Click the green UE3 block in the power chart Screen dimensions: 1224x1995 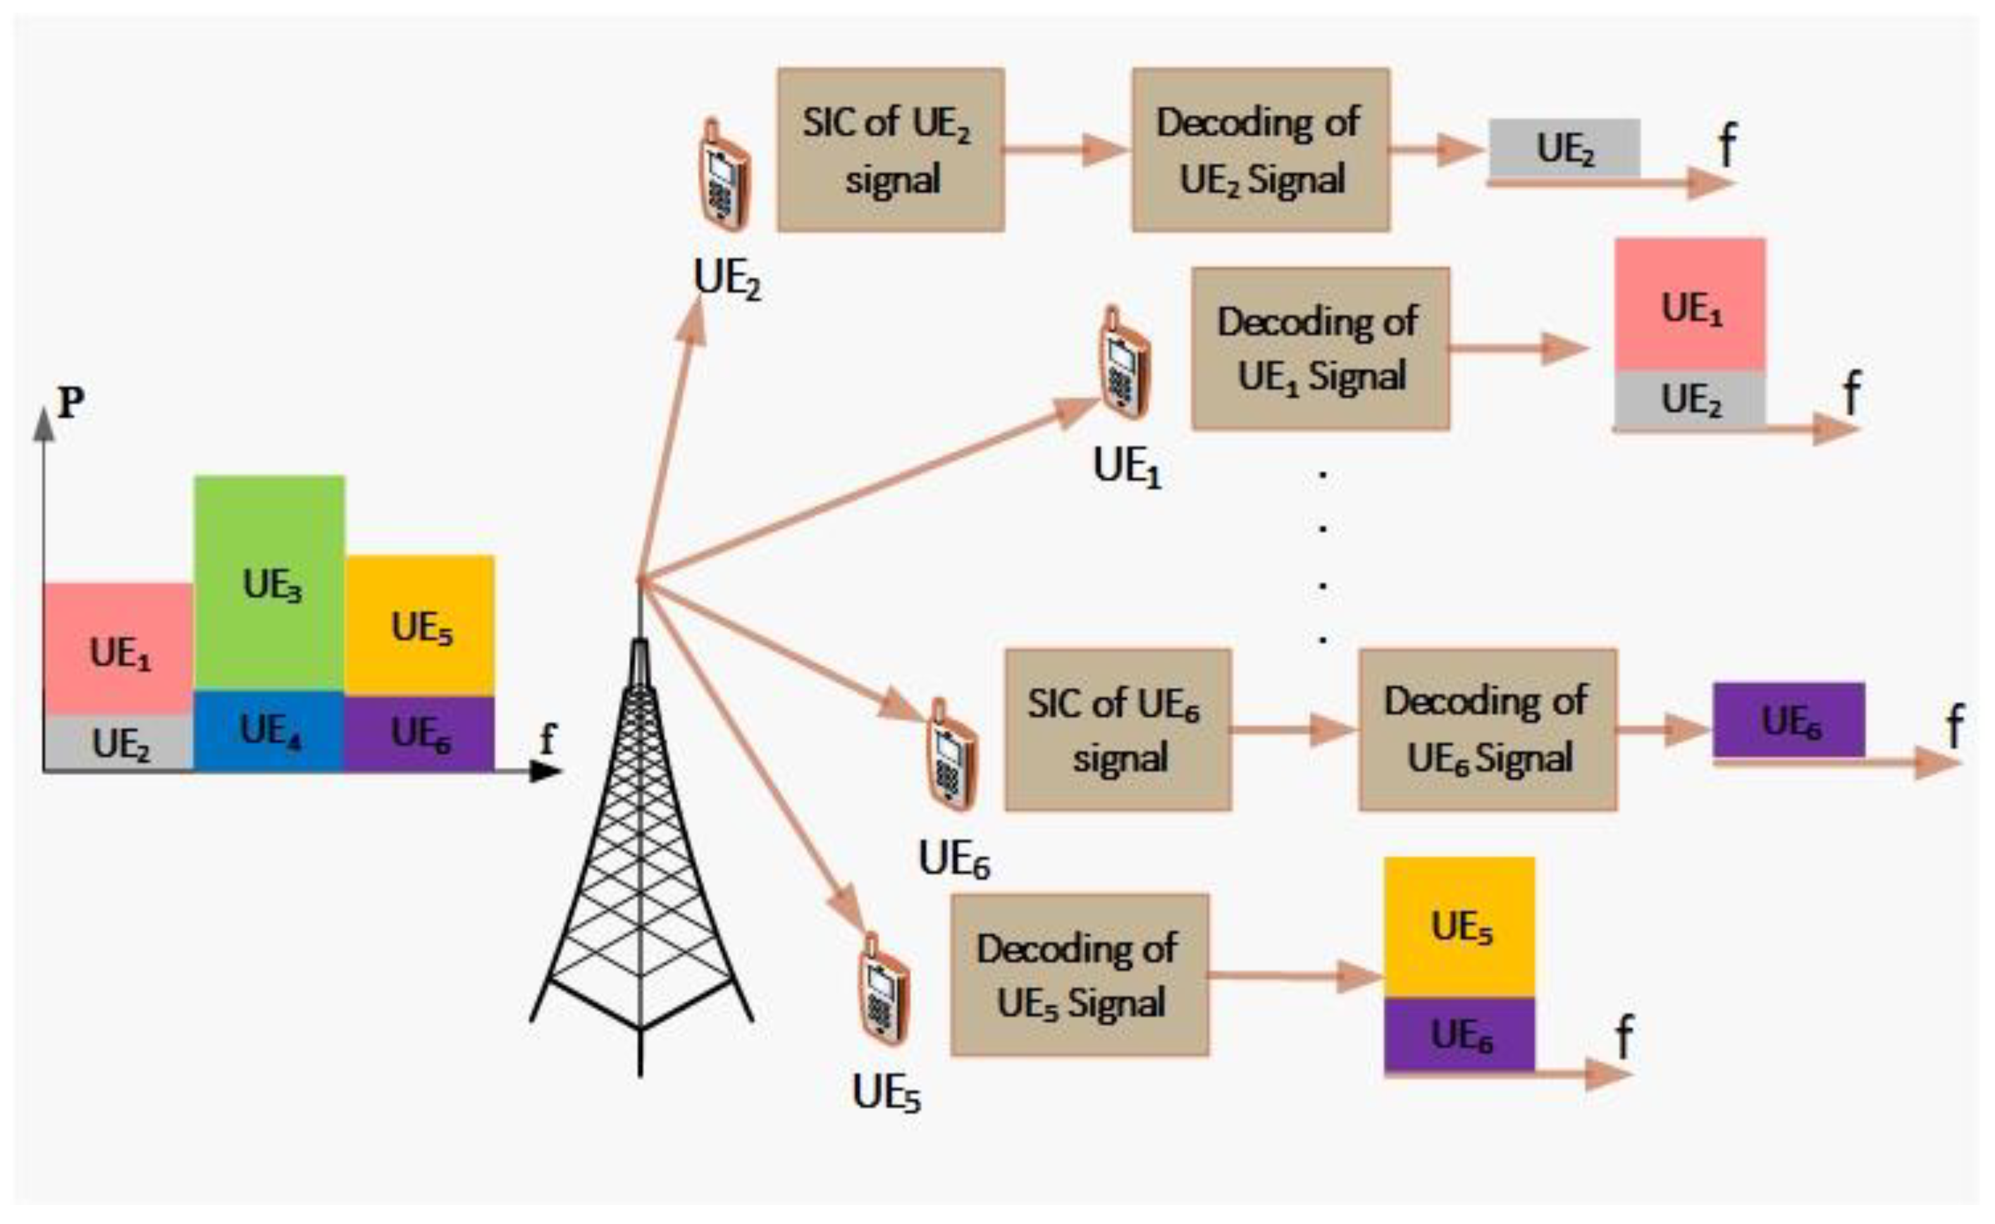(269, 583)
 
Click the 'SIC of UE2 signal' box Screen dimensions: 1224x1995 (891, 150)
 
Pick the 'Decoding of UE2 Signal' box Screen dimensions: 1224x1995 (1261, 150)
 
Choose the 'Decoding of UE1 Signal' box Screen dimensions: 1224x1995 (1319, 348)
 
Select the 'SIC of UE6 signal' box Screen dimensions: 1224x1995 (1117, 729)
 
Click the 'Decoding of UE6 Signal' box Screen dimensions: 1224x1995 (1487, 729)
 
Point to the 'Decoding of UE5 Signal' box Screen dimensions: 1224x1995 (1079, 975)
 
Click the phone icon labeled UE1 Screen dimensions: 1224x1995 (1124, 364)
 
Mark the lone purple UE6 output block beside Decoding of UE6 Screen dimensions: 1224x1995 (1789, 720)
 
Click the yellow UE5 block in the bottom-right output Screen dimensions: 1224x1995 (1459, 926)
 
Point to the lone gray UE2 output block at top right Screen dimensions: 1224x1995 (1564, 147)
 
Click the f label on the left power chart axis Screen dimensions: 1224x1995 (548, 738)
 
